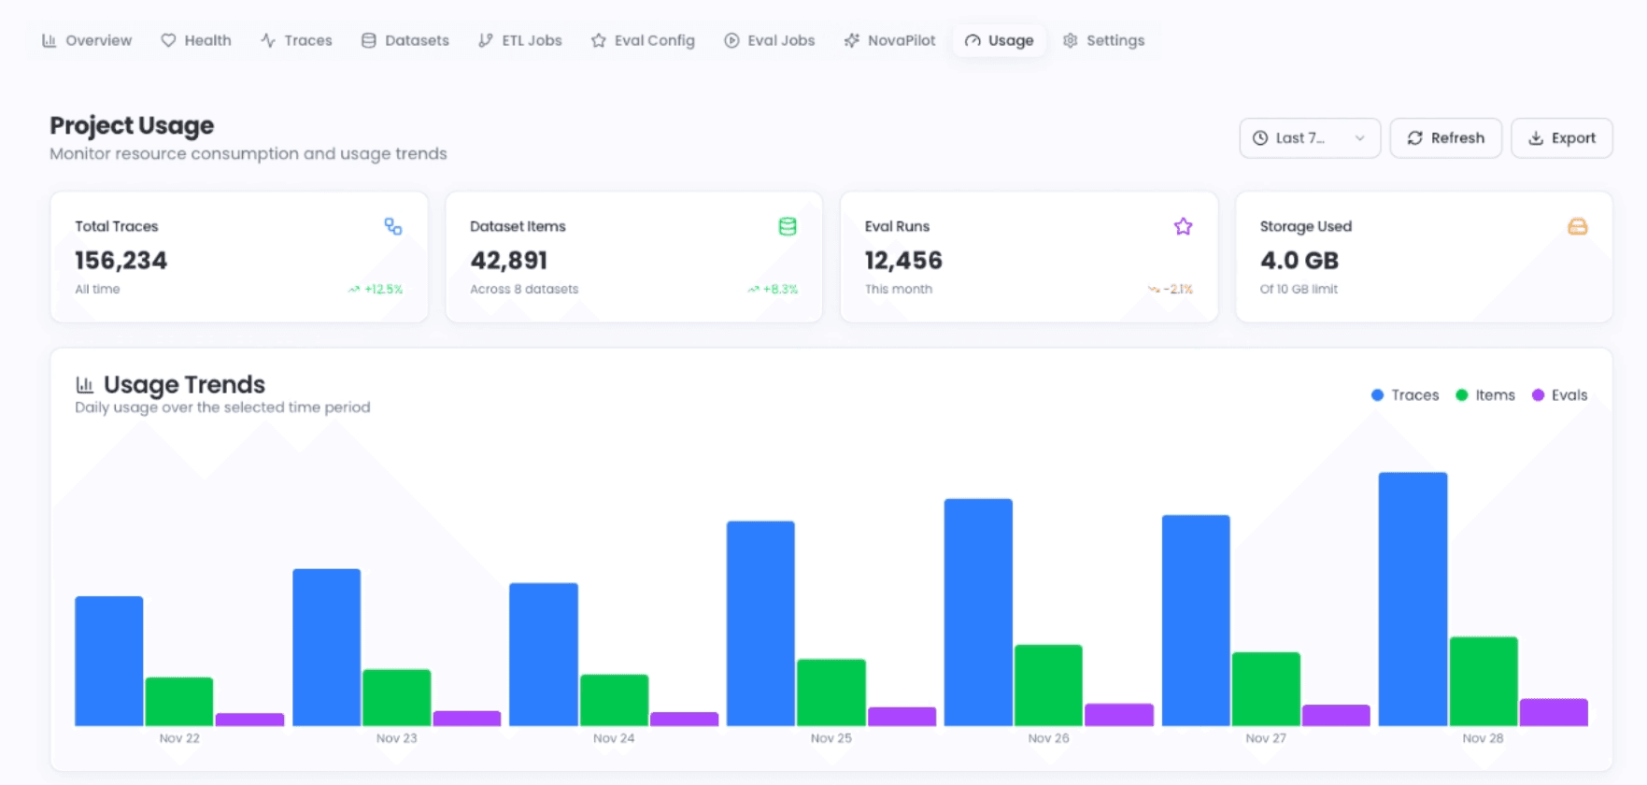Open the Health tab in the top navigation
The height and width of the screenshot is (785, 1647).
pos(196,40)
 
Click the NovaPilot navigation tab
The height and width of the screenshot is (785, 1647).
pos(889,40)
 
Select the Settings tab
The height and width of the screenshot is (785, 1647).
pos(1103,40)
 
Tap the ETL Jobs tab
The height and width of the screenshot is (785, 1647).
pos(520,40)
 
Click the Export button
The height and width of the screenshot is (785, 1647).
pos(1561,138)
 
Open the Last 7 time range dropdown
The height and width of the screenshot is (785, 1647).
pos(1309,138)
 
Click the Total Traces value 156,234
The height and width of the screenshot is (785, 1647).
pos(121,261)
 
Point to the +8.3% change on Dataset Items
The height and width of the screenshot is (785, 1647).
pos(774,290)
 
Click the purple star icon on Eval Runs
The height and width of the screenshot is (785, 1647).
pos(1183,226)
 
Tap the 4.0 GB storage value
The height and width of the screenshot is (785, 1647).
pos(1299,261)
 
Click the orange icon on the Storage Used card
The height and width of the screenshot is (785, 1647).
pos(1577,226)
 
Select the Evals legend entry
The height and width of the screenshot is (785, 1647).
pos(1559,395)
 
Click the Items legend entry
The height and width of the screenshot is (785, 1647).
pos(1485,395)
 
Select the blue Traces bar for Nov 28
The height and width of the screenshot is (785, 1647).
pos(1413,598)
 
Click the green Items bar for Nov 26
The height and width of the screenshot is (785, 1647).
pos(1048,685)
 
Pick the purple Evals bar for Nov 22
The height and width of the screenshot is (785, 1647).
pos(249,720)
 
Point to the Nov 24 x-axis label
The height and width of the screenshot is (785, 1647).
pos(614,738)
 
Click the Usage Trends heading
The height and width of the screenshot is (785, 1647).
pos(184,384)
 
